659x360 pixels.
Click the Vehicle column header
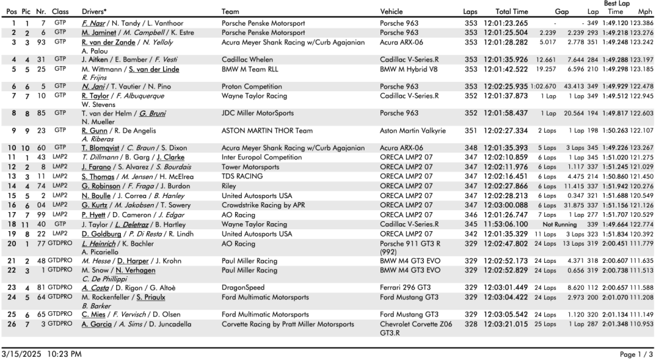coord(394,12)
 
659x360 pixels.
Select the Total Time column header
coord(512,12)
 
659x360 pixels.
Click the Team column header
coord(230,12)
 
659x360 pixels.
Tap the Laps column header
coord(470,12)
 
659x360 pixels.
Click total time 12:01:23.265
coord(506,23)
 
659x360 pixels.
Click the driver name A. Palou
coord(94,50)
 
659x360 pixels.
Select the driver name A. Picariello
coord(100,252)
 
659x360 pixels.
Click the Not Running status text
coord(561,225)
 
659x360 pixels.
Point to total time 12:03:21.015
coord(506,324)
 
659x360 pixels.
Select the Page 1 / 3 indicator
coord(636,355)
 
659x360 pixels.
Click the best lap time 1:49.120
coord(615,23)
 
